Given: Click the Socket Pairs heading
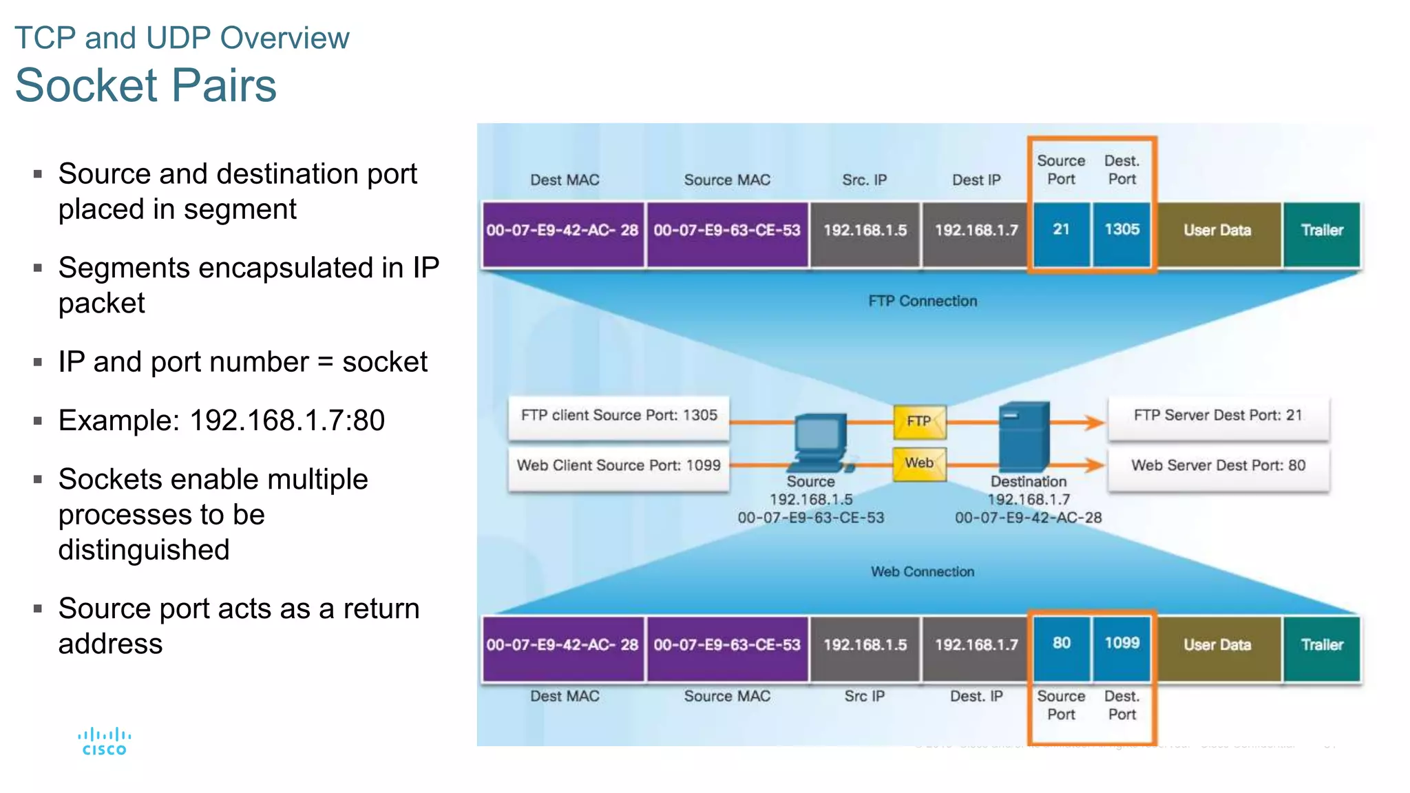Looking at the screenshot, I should coord(145,85).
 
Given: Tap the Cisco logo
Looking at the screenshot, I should coord(104,741).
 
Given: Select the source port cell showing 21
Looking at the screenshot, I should coord(1061,230).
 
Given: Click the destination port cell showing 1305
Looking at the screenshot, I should coord(1122,230).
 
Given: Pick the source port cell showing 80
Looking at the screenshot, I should coord(1061,644).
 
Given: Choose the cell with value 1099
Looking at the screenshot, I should coord(1122,644).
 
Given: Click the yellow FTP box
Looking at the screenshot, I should coord(919,421).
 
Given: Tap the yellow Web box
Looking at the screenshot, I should coord(919,463).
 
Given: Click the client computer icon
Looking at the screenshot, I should coord(821,441).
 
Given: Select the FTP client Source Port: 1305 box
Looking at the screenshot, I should coord(618,416).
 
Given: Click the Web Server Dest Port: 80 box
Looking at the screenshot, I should coord(1218,466).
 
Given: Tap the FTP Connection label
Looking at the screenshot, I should coord(922,301).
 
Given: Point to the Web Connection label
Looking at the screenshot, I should coord(922,571).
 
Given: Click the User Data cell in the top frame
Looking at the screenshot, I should coord(1217,231).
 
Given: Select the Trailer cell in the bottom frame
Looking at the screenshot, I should coord(1321,645).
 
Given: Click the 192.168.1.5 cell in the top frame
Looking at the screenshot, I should coord(865,231).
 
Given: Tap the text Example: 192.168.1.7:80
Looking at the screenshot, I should coord(221,421).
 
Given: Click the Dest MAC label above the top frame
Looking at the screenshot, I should coord(564,180).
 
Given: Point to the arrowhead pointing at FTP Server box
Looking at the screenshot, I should coord(1094,422).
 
